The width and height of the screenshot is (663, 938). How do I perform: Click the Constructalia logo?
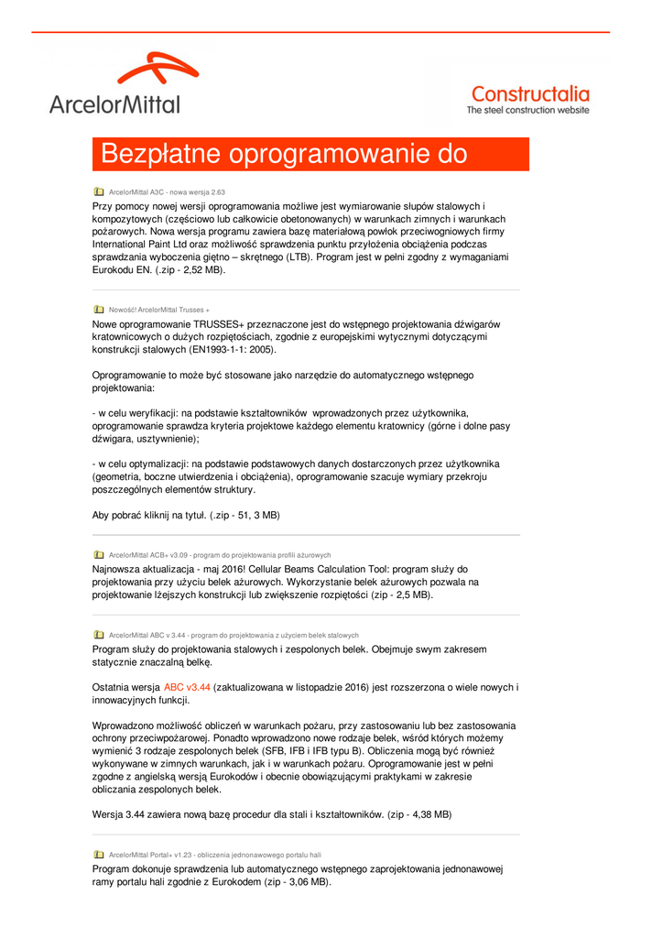coord(529,93)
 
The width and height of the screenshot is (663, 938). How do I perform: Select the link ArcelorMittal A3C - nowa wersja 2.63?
coord(167,192)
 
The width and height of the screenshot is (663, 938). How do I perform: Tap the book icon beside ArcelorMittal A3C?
coord(99,192)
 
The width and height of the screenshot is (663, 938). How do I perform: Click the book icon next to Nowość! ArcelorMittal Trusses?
coord(99,310)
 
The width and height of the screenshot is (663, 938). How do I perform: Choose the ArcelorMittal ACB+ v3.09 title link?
coord(219,555)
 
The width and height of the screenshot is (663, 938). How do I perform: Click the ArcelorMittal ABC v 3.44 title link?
coord(234,635)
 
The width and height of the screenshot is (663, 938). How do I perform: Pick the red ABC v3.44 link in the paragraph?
coord(187,687)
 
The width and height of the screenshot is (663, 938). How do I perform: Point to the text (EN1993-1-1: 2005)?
coord(225,350)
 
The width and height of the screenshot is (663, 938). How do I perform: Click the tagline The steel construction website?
coord(528,110)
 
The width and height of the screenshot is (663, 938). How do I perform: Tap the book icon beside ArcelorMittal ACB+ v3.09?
coord(99,555)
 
